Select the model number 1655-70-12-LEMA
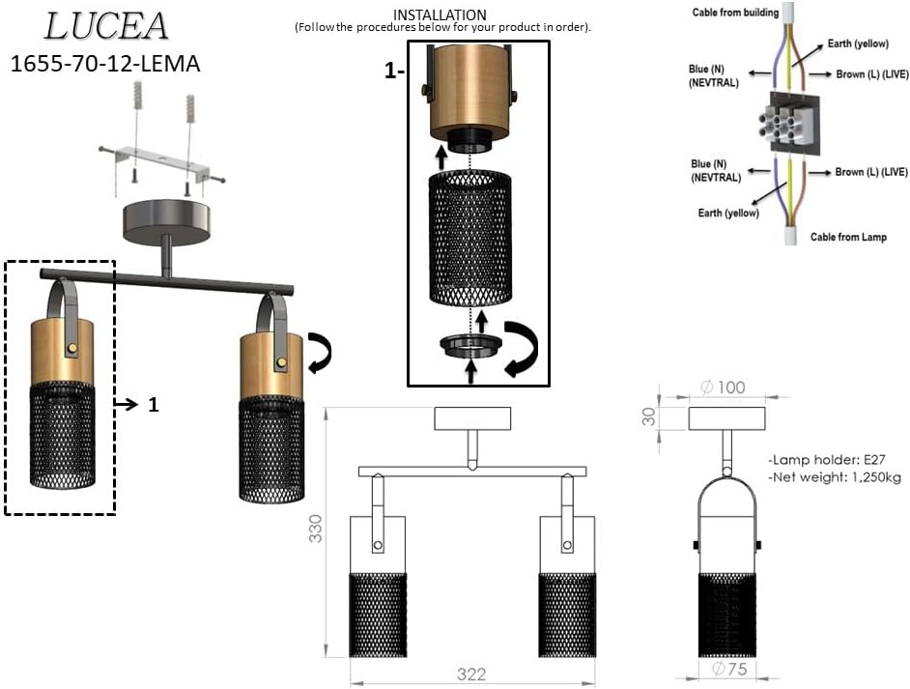click(105, 66)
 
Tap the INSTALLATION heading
click(440, 14)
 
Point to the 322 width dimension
click(470, 675)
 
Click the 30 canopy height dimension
click(648, 416)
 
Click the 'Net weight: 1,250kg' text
click(835, 477)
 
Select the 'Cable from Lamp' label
click(848, 237)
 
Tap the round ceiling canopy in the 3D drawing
click(169, 219)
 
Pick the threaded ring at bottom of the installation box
click(470, 346)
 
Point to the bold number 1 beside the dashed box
click(152, 406)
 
